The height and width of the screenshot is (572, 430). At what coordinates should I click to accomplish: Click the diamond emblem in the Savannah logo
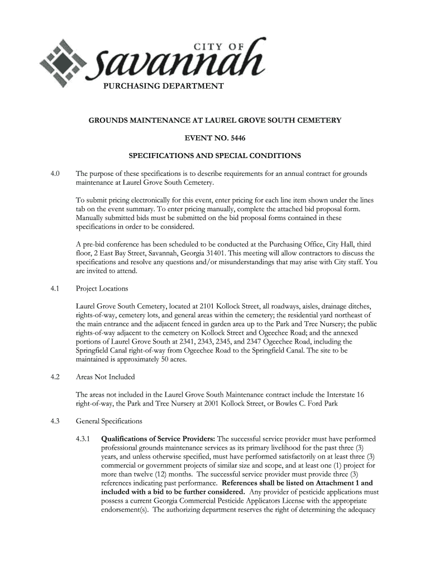point(64,63)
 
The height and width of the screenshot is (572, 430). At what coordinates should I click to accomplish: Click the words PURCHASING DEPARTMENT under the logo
point(163,86)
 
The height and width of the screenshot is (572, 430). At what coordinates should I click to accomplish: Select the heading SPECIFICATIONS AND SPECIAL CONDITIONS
point(215,155)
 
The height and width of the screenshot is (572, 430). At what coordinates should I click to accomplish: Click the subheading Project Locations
point(102,289)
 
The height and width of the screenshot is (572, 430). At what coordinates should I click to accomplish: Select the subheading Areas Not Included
point(105,376)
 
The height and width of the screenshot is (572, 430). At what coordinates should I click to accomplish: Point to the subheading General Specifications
point(109,421)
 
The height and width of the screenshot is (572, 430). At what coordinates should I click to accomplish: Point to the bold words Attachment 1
point(339,483)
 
